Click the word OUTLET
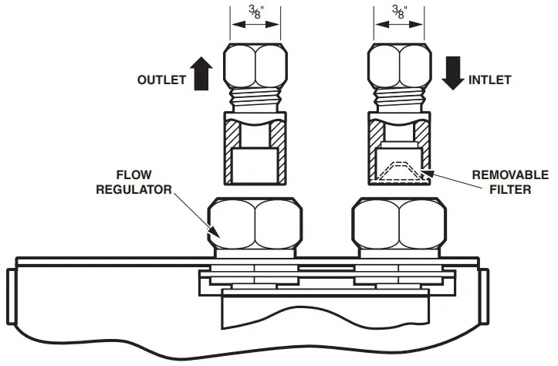[x=161, y=79]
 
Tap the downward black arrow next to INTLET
[x=454, y=72]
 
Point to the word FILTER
[x=510, y=188]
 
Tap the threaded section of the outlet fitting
[x=255, y=98]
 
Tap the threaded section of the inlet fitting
[x=399, y=98]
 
